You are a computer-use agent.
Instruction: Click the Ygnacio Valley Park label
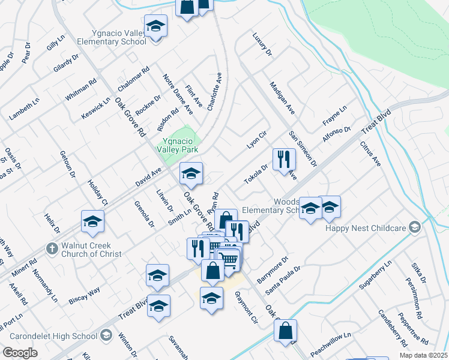[178, 144]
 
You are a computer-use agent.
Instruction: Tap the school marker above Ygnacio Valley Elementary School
[156, 27]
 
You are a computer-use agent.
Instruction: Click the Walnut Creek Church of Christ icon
[52, 248]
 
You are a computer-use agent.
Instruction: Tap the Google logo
[20, 353]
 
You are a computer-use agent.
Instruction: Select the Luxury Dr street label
[263, 45]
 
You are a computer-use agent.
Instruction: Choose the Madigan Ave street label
[282, 98]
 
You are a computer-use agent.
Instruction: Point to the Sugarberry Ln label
[375, 275]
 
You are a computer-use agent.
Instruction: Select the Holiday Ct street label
[97, 193]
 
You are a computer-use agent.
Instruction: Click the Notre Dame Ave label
[178, 94]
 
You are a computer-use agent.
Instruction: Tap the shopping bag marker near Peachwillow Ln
[286, 330]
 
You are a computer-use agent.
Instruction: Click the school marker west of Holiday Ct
[92, 221]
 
